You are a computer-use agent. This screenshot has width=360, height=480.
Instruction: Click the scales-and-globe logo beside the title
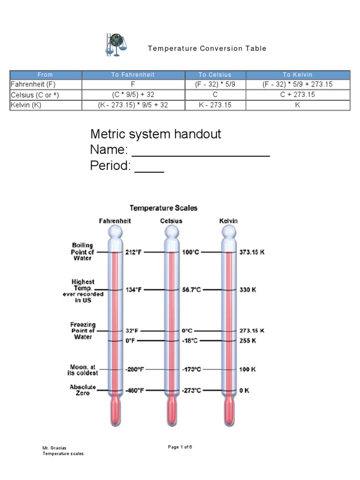115,45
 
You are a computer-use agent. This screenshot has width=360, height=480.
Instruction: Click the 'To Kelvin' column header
298,75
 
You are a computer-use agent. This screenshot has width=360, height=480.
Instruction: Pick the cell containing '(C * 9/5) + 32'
133,95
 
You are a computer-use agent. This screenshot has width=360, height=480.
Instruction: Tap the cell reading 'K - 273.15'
215,105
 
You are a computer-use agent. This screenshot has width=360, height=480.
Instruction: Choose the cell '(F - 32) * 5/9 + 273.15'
298,84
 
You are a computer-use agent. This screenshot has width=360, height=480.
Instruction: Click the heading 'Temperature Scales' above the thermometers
164,207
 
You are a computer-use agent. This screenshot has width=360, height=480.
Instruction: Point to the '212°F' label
134,252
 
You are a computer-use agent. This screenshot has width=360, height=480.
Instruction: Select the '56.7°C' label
191,290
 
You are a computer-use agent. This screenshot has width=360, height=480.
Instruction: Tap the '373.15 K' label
252,252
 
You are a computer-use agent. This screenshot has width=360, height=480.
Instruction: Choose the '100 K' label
247,369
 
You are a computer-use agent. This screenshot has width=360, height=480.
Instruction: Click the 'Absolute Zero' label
83,390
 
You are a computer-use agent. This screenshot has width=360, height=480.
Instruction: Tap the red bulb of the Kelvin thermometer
229,413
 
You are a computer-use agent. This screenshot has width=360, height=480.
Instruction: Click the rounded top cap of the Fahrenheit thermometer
115,232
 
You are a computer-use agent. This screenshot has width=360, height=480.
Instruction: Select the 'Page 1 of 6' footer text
180,447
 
